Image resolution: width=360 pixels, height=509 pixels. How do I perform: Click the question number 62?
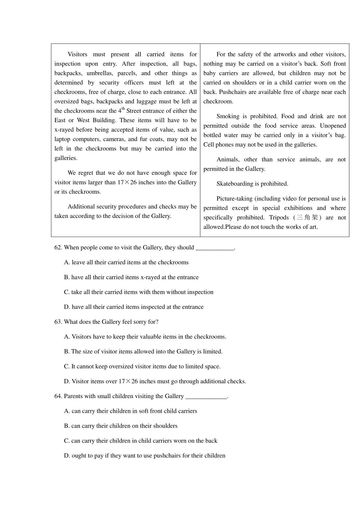[x=58, y=248]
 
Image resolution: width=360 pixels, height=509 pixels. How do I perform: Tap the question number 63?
[x=58, y=322]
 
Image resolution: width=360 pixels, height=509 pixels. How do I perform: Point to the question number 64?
[x=58, y=396]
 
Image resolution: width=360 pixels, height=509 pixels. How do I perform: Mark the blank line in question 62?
[x=214, y=248]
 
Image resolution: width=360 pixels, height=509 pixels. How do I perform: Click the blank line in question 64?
[x=206, y=397]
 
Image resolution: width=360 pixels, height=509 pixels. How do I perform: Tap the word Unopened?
[x=333, y=126]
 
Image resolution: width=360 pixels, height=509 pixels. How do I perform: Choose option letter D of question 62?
[x=67, y=307]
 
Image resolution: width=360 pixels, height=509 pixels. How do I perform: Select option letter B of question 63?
[x=67, y=352]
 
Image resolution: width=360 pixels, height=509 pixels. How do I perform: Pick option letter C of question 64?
[x=67, y=441]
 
